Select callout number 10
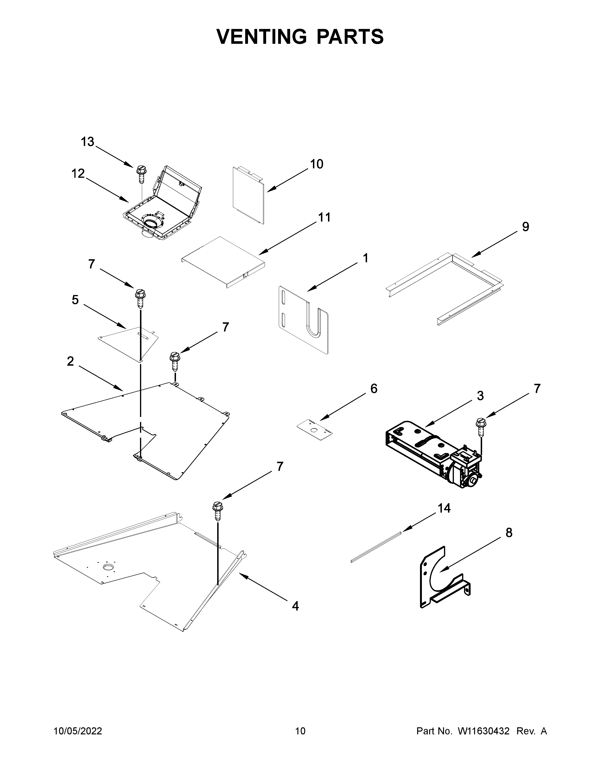tap(316, 164)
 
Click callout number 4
tap(295, 606)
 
